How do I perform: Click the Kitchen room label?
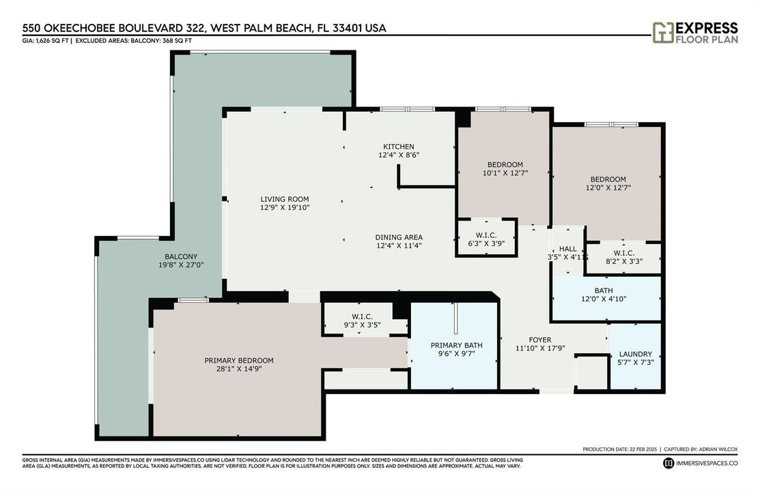[x=398, y=147]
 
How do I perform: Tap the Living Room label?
[x=285, y=199]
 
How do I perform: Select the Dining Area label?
[x=399, y=237]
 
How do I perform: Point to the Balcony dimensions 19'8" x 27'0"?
[x=181, y=265]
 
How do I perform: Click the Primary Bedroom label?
[x=239, y=360]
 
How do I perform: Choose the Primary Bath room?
[x=455, y=345]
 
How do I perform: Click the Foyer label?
[x=540, y=340]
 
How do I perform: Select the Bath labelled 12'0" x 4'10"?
[x=606, y=297]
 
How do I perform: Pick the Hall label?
[x=567, y=249]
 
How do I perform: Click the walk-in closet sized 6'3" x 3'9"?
[x=486, y=238]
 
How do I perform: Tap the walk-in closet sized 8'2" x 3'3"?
[x=624, y=258]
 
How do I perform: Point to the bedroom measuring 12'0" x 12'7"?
[x=607, y=183]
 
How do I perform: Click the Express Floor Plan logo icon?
[x=662, y=33]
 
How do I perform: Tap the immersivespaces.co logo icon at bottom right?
[x=668, y=463]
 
